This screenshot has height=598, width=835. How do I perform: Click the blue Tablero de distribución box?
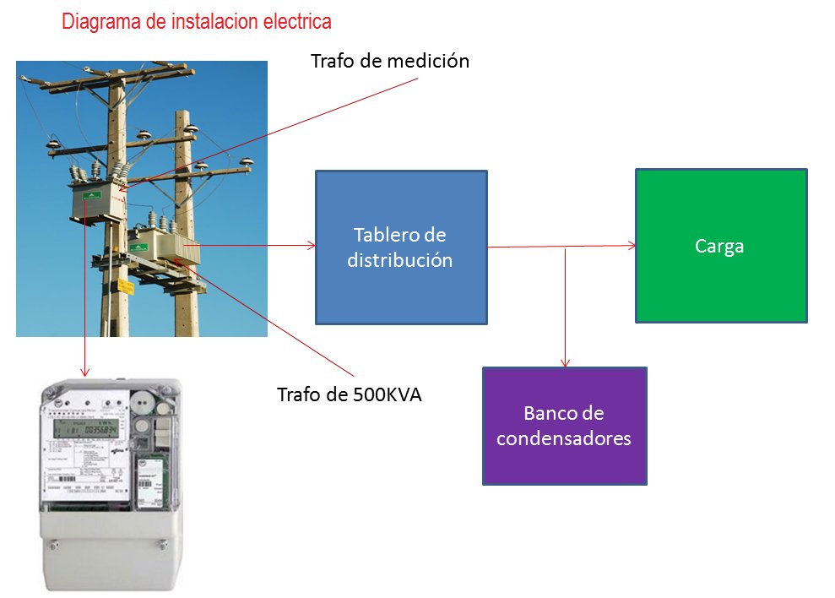401,247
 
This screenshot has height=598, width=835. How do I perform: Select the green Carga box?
720,246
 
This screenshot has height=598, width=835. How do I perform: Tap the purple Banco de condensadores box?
564,426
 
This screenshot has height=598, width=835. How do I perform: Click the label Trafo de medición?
389,62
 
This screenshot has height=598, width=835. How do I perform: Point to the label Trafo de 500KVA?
350,394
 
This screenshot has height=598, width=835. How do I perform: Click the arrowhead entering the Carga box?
632,246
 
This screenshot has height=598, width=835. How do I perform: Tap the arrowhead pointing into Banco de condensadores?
565,362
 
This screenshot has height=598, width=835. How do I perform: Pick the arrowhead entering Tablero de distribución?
312,246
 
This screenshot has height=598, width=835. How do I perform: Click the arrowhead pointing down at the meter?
84,372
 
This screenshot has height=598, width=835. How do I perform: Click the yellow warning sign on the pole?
126,286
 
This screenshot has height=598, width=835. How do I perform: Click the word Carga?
720,247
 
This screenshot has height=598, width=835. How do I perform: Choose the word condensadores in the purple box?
564,439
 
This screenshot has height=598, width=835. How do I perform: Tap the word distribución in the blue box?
400,260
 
